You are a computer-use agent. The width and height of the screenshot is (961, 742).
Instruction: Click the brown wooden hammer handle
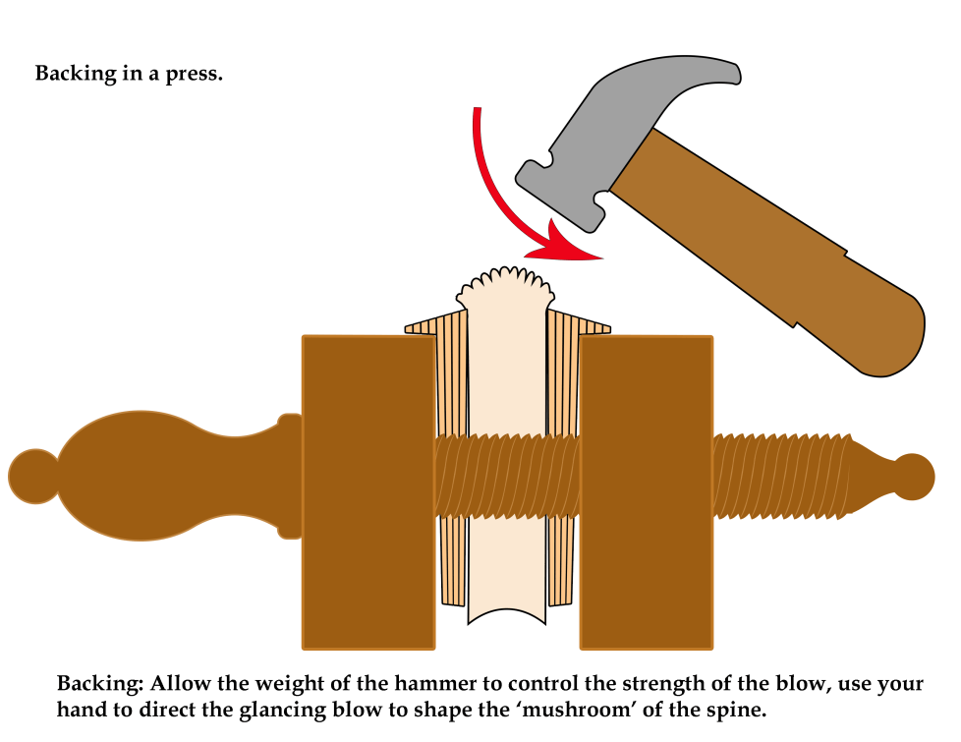coord(776,256)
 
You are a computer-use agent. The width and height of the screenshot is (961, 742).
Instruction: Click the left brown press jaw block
coord(368,491)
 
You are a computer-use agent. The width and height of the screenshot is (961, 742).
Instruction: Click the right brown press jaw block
coord(646,491)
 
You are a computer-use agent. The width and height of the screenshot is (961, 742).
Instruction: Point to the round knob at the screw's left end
coord(32,476)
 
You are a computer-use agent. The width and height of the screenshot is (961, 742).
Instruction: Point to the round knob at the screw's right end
coord(914,476)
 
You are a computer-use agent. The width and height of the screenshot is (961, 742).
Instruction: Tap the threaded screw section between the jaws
coord(506,476)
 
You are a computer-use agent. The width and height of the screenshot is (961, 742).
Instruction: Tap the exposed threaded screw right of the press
coord(781,476)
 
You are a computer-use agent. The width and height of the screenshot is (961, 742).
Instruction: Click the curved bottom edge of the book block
coord(506,617)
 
